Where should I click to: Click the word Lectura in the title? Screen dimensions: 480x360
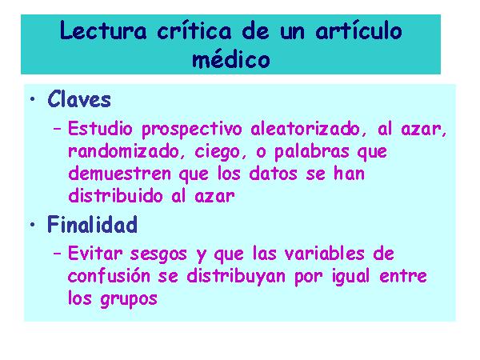tap(103, 31)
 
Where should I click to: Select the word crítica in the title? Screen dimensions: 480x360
tap(194, 31)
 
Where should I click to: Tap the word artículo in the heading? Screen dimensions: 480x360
tap(358, 31)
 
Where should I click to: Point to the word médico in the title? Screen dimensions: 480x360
tap(231, 59)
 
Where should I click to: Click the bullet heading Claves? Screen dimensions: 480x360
tap(79, 99)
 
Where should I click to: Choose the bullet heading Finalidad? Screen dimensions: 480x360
tap(92, 224)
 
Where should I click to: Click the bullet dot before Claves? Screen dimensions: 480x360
tap(33, 99)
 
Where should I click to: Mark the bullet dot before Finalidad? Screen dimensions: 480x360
tap(33, 224)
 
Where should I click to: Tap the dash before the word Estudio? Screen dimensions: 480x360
tap(57, 129)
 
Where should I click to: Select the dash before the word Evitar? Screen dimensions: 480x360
tap(57, 254)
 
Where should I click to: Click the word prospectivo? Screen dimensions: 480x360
tap(192, 130)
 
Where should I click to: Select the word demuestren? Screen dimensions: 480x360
tap(119, 174)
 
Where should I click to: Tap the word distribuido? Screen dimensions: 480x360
tap(115, 196)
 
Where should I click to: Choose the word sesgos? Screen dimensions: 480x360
tap(158, 254)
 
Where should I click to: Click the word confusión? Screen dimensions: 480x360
tap(109, 275)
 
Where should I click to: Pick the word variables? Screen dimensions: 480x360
tap(324, 254)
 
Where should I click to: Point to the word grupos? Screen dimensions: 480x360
tap(129, 299)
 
